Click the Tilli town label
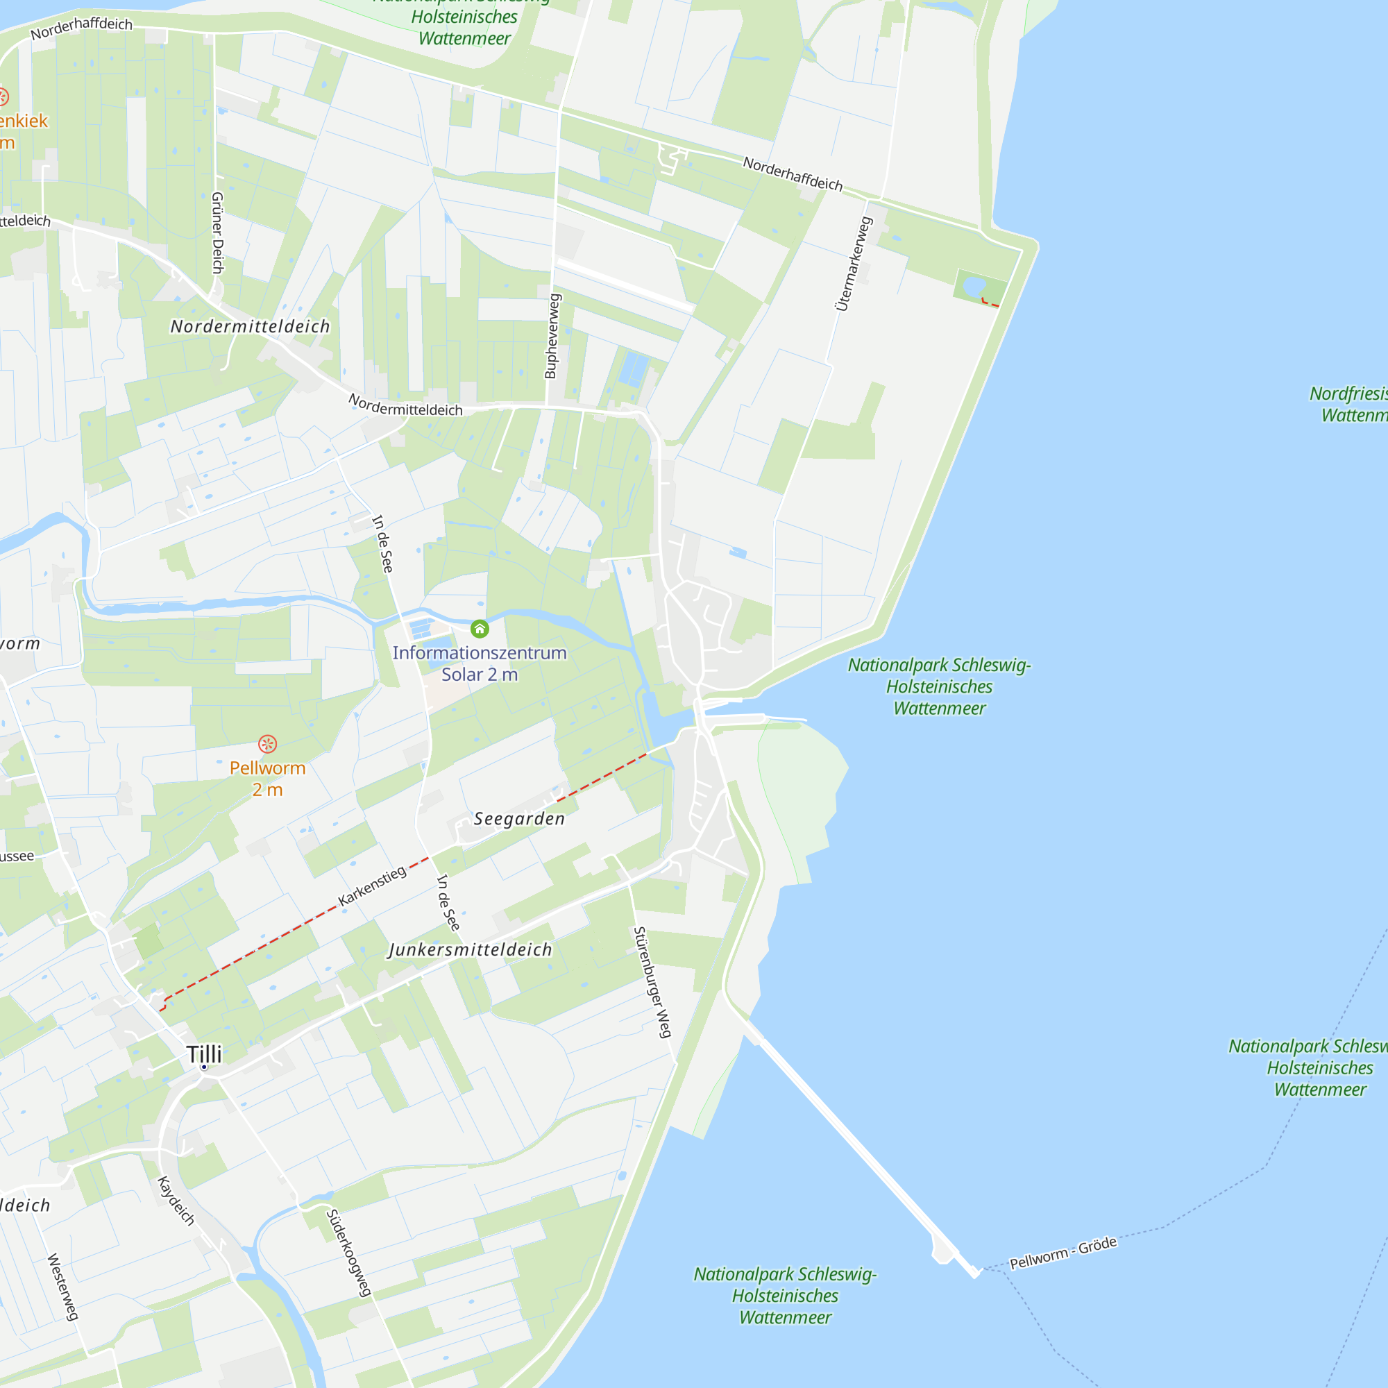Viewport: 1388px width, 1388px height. [205, 1053]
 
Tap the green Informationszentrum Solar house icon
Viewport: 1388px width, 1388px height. [480, 629]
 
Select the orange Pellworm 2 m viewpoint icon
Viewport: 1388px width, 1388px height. [267, 743]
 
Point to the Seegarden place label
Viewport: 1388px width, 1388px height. [519, 819]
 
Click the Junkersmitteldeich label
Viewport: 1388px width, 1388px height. [471, 950]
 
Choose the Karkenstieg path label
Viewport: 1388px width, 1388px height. [372, 886]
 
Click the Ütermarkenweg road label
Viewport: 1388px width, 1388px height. [854, 264]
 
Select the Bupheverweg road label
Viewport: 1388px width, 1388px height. [552, 335]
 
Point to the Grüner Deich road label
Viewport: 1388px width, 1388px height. [218, 232]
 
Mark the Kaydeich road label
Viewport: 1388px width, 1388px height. [176, 1201]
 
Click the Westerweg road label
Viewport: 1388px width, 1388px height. [62, 1287]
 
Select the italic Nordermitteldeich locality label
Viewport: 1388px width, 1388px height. [250, 327]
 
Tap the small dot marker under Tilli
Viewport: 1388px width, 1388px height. [205, 1067]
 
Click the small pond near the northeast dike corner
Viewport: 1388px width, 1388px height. [974, 286]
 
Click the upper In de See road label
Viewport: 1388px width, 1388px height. [383, 544]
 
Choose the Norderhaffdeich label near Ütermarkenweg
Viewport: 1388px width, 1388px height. [793, 174]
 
